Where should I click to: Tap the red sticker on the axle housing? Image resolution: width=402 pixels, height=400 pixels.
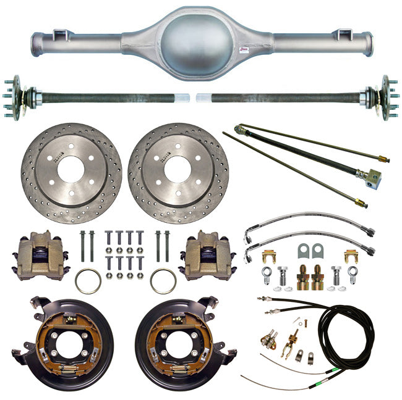[x=244, y=48]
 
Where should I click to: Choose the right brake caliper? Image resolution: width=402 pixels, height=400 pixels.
[x=206, y=256]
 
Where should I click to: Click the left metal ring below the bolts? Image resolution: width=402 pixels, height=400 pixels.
[x=88, y=281]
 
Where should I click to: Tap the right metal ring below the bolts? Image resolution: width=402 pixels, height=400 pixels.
[x=163, y=281]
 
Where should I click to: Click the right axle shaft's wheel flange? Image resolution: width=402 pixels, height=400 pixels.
[x=386, y=98]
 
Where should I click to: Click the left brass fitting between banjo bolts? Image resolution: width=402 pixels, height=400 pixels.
[x=304, y=280]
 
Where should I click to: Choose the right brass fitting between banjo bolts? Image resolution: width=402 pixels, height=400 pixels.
[x=318, y=280]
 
